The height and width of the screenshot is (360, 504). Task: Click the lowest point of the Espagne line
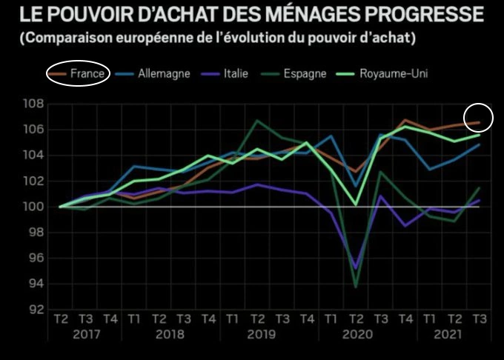[x=356, y=287]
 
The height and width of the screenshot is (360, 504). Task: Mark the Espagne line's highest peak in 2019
[x=257, y=121]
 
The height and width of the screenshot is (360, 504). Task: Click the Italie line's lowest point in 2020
[x=356, y=269]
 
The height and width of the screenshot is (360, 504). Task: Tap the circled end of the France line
[x=478, y=122]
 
